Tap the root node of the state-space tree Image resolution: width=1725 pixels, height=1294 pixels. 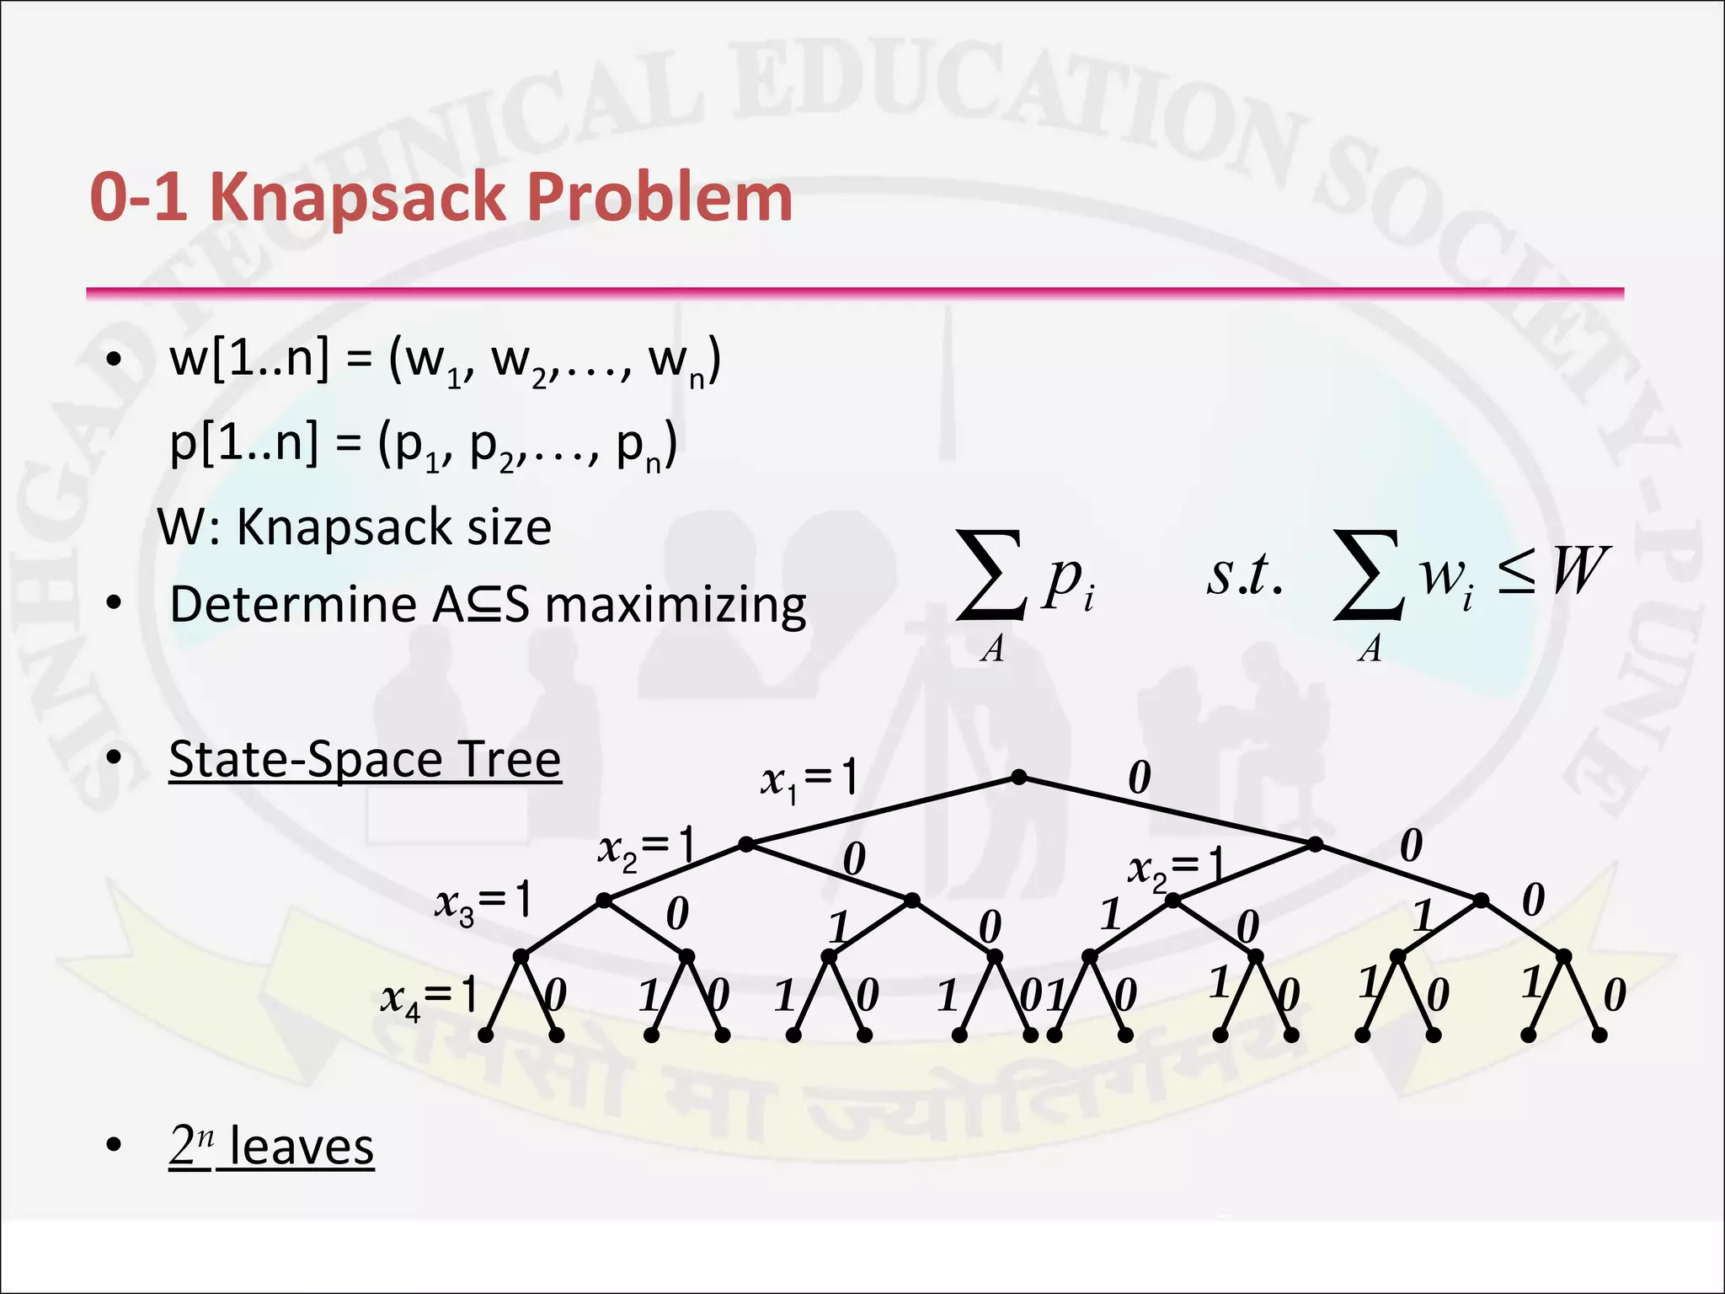click(1018, 777)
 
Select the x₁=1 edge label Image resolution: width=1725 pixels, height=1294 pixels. click(809, 779)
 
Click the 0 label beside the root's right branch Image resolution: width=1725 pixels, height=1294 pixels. click(1139, 778)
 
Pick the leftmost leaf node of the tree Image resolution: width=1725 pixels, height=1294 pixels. click(485, 1035)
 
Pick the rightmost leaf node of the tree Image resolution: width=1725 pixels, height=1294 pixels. click(1599, 1035)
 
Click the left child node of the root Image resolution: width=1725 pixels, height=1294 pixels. click(745, 843)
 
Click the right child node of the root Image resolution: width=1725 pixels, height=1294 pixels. click(1315, 843)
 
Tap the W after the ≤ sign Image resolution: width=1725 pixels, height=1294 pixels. click(1580, 572)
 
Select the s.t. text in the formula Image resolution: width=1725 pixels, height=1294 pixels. click(1245, 575)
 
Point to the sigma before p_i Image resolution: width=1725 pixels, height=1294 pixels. click(991, 575)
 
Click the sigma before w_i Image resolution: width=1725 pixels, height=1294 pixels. click(1368, 575)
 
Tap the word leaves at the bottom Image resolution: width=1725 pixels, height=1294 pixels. click(302, 1147)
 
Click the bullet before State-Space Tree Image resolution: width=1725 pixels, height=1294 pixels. click(115, 759)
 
